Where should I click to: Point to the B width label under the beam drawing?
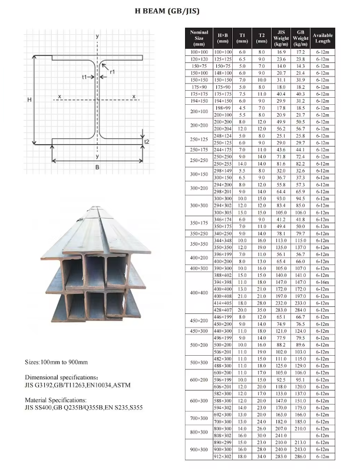(97, 167)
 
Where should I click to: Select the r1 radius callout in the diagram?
(112, 71)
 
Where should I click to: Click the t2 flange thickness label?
(147, 142)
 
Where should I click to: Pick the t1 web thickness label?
(85, 77)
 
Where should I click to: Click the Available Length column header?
(322, 38)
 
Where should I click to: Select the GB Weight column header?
(300, 38)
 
